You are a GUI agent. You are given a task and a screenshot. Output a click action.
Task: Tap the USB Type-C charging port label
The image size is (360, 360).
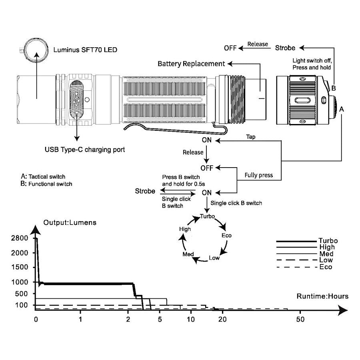pos(85,150)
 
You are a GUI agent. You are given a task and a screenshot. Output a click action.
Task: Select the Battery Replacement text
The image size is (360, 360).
pos(191,64)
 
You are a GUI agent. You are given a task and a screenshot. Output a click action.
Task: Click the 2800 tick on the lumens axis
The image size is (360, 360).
pos(20,238)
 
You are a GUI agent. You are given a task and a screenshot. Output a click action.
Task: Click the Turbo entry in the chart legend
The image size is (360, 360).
pos(328,241)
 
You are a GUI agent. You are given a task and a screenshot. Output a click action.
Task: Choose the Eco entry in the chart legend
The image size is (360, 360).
pos(325,267)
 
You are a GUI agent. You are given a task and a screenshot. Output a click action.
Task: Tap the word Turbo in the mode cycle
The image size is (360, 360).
pos(207,216)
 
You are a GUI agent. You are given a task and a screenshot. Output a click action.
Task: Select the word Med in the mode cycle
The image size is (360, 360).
pos(188,254)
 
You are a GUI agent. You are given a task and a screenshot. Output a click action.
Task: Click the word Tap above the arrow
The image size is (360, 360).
pos(251,137)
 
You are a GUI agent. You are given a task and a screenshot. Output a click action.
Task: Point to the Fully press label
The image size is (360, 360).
pos(258,175)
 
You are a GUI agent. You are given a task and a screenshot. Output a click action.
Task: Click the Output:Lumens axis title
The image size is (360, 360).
pos(70,222)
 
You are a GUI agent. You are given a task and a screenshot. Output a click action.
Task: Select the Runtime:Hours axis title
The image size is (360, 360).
pos(322,296)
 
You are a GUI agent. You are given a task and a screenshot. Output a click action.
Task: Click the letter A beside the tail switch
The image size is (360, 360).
pos(342,109)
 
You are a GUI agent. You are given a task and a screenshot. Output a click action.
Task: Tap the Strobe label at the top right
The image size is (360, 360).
pos(285,48)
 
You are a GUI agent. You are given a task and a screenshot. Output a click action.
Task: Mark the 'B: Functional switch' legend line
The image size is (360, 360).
pos(46,184)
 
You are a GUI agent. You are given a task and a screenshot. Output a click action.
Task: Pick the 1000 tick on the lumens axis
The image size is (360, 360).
pos(20,282)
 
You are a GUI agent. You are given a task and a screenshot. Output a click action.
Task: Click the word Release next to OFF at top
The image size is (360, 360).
pos(258,44)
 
